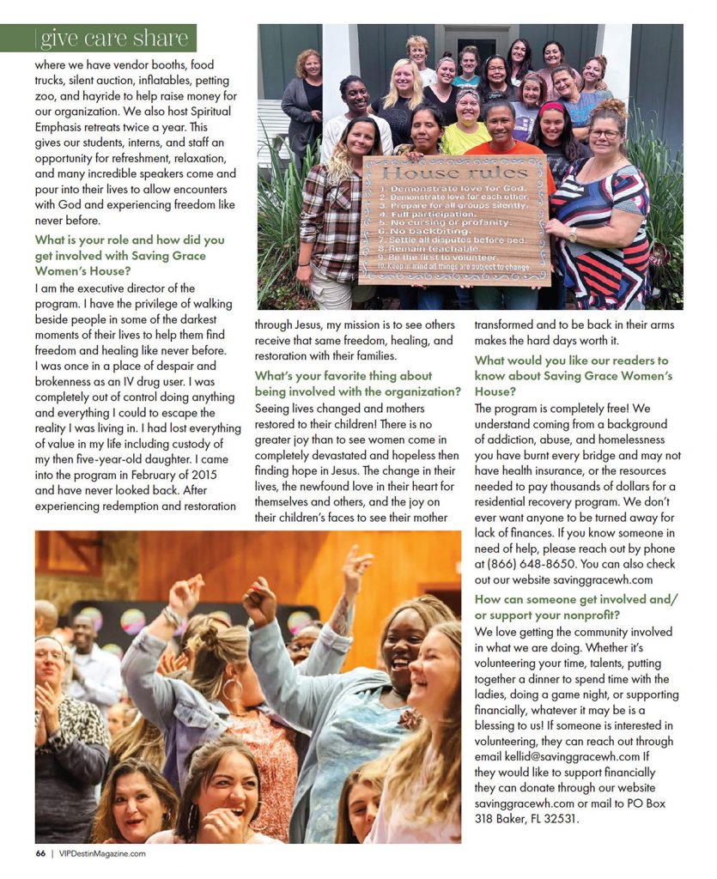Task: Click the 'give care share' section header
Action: pyautogui.click(x=114, y=39)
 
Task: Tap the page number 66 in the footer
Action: pyautogui.click(x=40, y=853)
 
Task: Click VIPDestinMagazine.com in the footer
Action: pyautogui.click(x=102, y=853)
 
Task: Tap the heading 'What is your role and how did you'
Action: pyautogui.click(x=130, y=240)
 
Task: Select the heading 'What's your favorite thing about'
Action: pyautogui.click(x=343, y=376)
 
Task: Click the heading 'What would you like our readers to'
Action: pyautogui.click(x=571, y=361)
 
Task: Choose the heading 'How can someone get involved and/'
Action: pyautogui.click(x=575, y=599)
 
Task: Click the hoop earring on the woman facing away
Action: pyautogui.click(x=230, y=689)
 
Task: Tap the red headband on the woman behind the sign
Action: pyautogui.click(x=550, y=109)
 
